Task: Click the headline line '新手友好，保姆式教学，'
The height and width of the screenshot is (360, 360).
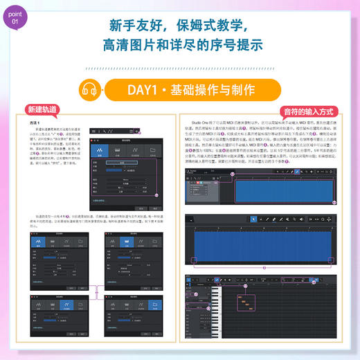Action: (x=181, y=27)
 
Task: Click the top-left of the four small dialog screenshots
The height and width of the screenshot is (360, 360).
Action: (x=61, y=258)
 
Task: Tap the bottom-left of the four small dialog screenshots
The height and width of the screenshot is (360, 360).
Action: (x=61, y=319)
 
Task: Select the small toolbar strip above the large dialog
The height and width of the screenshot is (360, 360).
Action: (x=125, y=129)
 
